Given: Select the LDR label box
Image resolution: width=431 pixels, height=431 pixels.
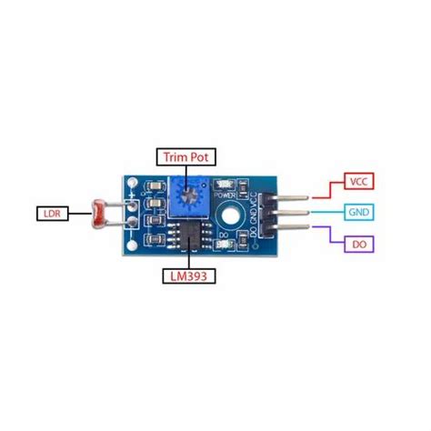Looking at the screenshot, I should coord(52,215).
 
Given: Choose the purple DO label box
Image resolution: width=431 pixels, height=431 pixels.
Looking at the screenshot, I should coord(357,244).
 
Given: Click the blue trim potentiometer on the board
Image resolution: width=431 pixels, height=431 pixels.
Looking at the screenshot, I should coord(188,192).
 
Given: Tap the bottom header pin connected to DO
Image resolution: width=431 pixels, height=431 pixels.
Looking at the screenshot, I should coord(288,230).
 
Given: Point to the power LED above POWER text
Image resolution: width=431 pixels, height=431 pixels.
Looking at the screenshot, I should coord(225,185).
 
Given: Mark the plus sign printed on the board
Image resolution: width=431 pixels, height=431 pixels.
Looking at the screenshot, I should coord(134,195).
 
